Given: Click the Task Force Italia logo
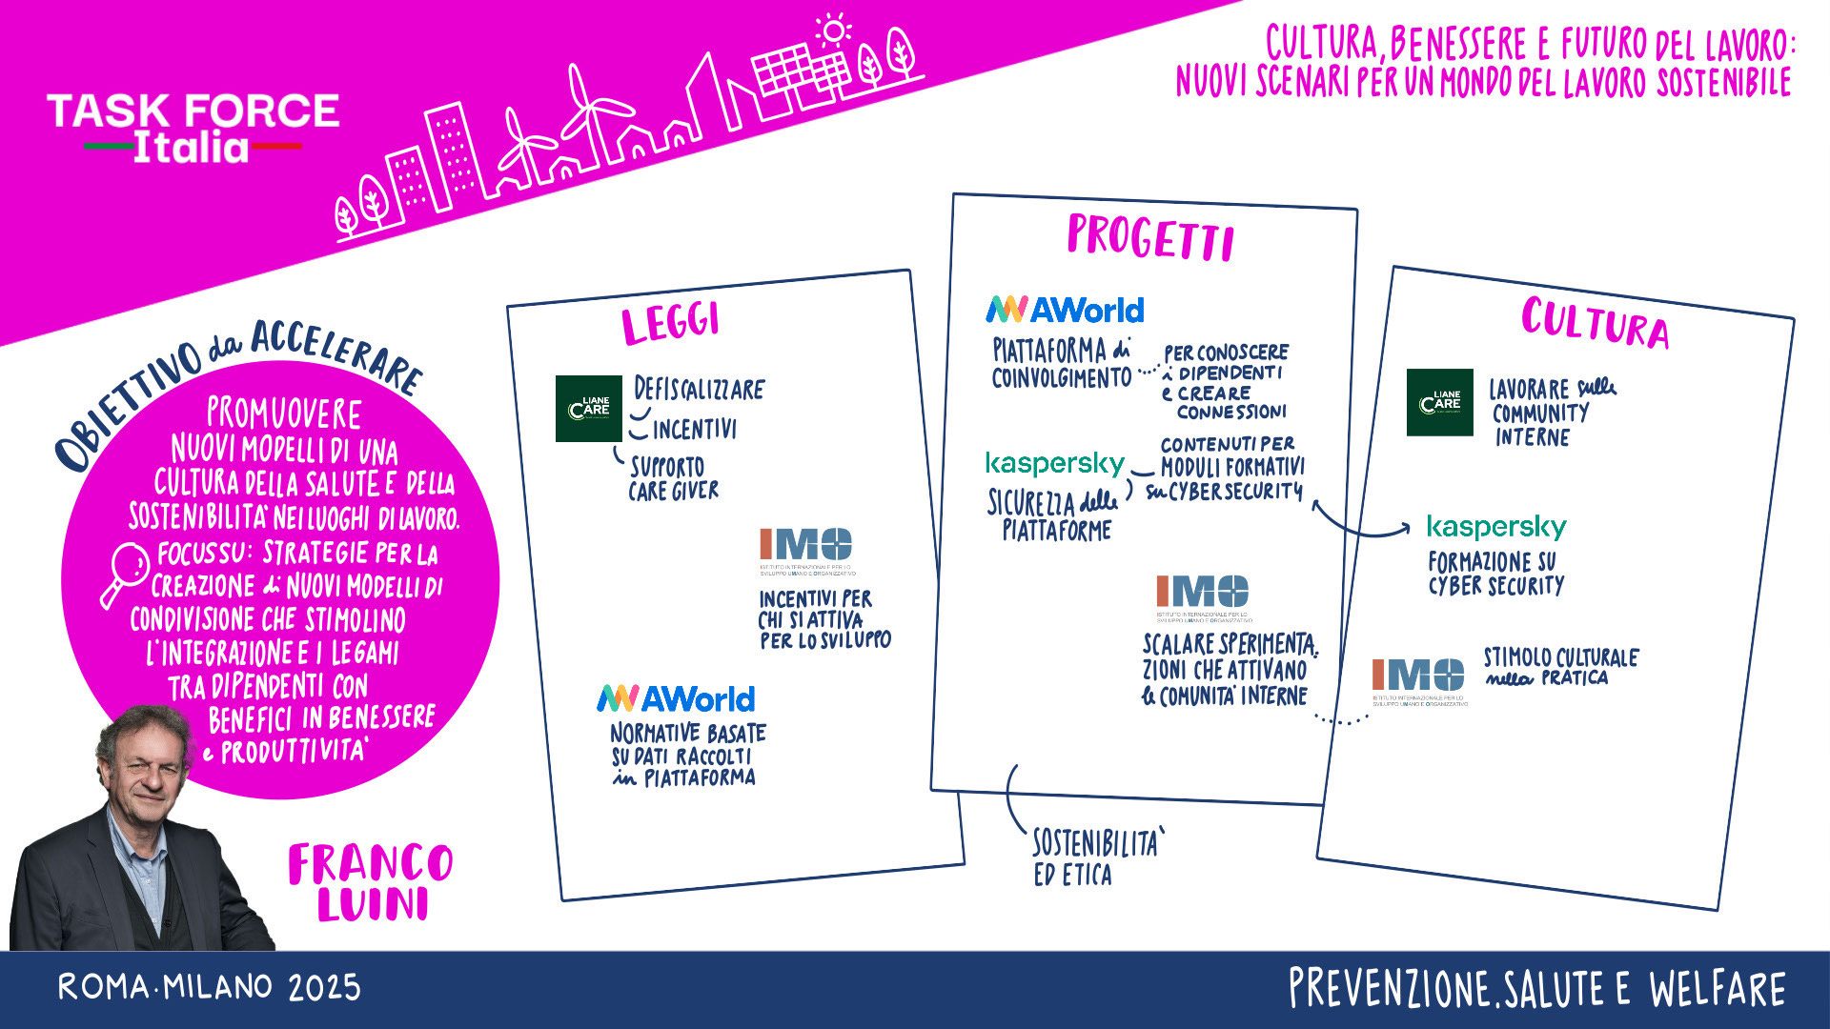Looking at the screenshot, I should tap(193, 128).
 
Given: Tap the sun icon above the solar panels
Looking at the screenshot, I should tap(834, 30).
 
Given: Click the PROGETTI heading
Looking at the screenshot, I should tap(1150, 237).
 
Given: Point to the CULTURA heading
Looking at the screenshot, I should tap(1595, 321).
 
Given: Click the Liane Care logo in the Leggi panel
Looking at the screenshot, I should tap(588, 409).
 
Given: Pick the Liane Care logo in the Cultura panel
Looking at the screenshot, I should tap(1439, 402).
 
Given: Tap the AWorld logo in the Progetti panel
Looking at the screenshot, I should tap(1065, 310).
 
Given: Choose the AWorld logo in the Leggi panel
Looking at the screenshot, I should tap(676, 699).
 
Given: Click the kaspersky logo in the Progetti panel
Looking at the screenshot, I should tap(1055, 464).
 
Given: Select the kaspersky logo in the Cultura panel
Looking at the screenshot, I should tap(1496, 527).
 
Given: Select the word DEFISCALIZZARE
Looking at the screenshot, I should tap(699, 390).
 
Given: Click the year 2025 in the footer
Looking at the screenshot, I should tap(324, 988).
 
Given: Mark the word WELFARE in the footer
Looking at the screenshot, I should tap(1718, 989).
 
